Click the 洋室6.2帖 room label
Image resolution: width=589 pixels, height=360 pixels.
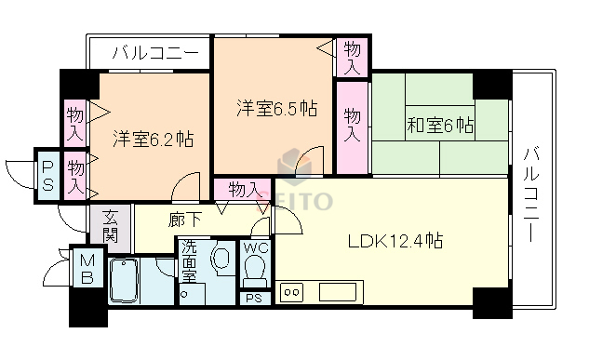[154, 140]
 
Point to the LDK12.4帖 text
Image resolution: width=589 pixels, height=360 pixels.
[395, 242]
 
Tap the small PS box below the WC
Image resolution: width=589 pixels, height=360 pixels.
[252, 298]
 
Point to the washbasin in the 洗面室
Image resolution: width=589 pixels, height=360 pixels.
[221, 258]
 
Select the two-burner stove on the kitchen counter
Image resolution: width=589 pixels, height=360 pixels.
[291, 292]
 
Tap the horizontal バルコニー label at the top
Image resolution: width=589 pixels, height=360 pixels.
[154, 53]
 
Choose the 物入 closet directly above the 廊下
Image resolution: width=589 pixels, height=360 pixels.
[244, 189]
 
